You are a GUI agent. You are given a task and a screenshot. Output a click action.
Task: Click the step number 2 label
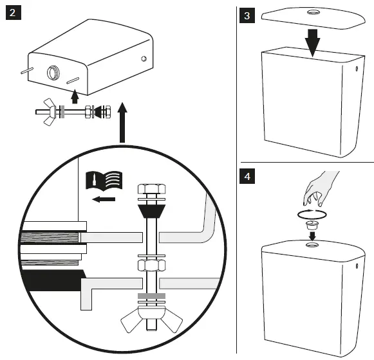(x=14, y=13)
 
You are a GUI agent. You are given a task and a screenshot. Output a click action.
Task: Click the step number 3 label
(x=247, y=15)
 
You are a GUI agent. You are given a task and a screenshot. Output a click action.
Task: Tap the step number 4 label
(x=247, y=176)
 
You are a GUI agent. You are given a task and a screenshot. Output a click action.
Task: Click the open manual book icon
(x=104, y=181)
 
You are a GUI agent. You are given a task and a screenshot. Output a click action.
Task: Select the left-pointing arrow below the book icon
(x=104, y=199)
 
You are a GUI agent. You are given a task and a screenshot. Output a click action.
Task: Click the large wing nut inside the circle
(x=151, y=319)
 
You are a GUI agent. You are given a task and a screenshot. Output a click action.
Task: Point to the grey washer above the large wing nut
(x=151, y=296)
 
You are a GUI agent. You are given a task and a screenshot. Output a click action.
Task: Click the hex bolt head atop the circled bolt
(x=152, y=189)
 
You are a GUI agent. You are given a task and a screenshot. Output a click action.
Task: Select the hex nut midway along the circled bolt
(x=152, y=265)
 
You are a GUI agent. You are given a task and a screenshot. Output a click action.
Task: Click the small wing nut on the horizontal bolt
(x=50, y=111)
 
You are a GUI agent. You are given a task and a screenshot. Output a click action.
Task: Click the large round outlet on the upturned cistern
(x=53, y=73)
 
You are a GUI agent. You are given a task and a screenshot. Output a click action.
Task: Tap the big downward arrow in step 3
(x=312, y=43)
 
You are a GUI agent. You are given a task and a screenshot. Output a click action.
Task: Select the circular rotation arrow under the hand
(x=312, y=214)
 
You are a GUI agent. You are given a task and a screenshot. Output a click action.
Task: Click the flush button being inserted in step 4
(x=312, y=225)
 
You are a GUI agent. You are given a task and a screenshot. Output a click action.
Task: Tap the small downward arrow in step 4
(x=312, y=236)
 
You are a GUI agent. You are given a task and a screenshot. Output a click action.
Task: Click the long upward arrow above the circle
(x=122, y=122)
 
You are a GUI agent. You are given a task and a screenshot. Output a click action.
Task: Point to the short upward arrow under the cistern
(x=75, y=96)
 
